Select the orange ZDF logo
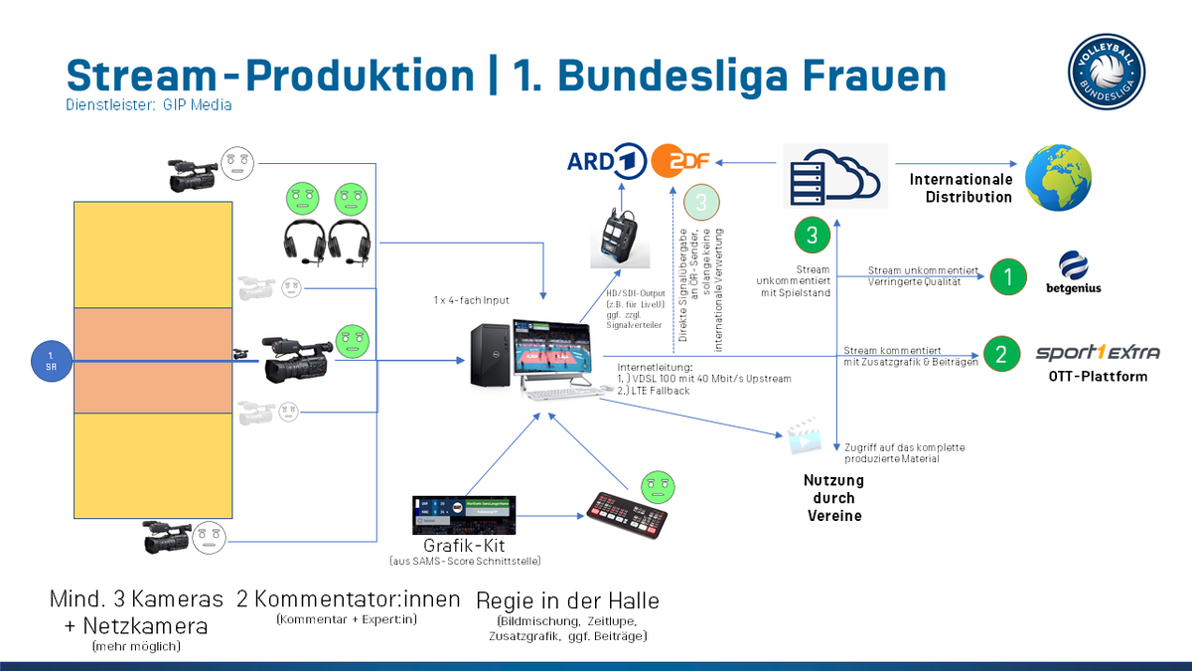[682, 160]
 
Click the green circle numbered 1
[1009, 276]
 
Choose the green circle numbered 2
[1000, 353]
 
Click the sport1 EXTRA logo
[1098, 353]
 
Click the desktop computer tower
[491, 355]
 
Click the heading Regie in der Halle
[567, 600]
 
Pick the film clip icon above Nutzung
[804, 437]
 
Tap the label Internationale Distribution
[961, 188]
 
